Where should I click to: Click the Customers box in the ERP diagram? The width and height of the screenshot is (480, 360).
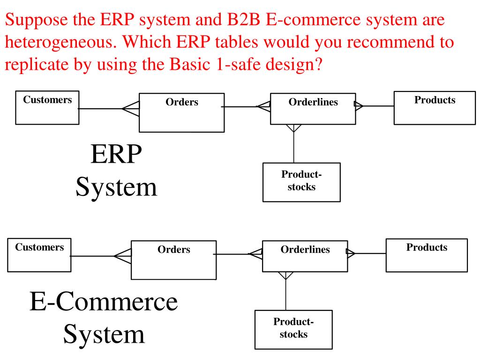point(47,107)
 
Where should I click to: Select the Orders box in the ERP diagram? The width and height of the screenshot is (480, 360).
point(181,112)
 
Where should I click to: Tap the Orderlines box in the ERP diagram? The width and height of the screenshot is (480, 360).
point(313,109)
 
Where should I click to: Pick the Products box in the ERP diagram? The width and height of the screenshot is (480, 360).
point(435,108)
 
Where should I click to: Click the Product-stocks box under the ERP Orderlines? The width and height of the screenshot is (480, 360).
point(301,182)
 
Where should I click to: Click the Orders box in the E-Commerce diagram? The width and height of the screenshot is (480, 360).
point(173,260)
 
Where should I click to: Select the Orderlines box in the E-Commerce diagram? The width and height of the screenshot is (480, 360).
point(305,256)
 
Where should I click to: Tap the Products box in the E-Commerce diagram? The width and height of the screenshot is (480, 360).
point(427,255)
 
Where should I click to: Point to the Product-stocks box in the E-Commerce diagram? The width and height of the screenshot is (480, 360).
point(293,329)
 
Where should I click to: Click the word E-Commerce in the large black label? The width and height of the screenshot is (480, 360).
point(104,302)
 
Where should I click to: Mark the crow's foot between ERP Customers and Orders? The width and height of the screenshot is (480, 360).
point(131,109)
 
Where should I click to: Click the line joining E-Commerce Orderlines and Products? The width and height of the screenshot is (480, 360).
point(370,253)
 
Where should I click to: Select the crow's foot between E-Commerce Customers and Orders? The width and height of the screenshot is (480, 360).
point(123,256)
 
